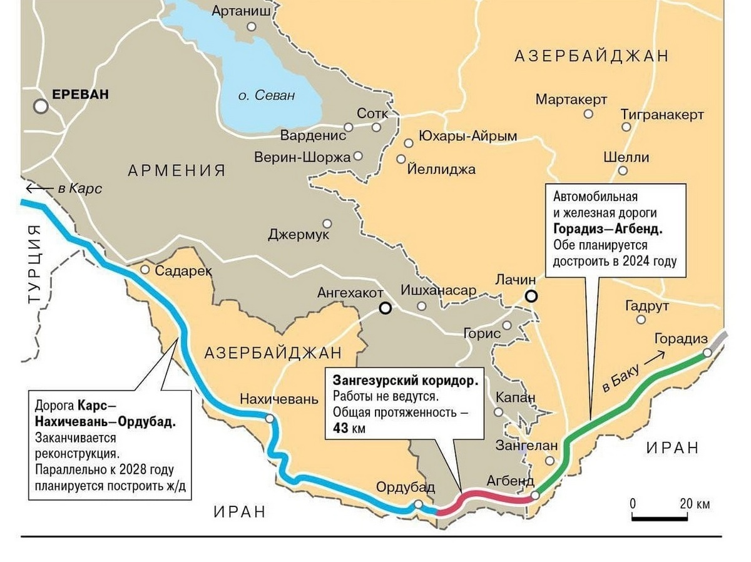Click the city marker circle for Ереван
pos(41,106)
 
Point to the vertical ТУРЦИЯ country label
pos(34,264)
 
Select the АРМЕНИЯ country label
pos(176,170)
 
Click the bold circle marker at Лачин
pos(531,297)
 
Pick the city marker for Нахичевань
pos(269,419)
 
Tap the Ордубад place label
pos(405,488)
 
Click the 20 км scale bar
pos(663,517)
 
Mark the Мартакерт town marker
pos(588,114)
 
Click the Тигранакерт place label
pos(662,115)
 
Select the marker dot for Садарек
pos(145,270)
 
